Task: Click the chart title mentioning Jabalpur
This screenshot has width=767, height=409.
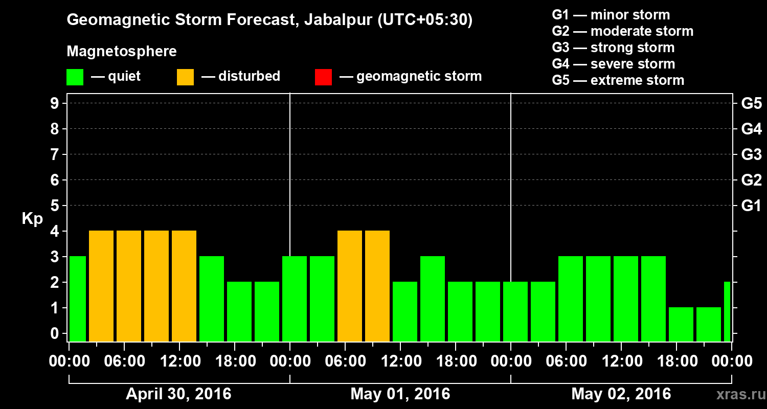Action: point(269,20)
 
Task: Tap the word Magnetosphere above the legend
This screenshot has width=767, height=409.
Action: point(122,52)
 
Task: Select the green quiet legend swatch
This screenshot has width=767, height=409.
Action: point(75,77)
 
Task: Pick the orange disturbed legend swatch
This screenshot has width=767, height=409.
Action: point(185,77)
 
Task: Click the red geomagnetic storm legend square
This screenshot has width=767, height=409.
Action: point(323,77)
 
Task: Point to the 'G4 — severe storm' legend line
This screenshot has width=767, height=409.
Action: point(613,64)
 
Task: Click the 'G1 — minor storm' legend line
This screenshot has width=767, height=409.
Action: point(611,15)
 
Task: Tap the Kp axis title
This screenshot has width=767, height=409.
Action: point(32,219)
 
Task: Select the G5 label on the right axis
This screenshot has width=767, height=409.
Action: point(751,104)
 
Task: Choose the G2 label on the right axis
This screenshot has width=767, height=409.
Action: point(751,180)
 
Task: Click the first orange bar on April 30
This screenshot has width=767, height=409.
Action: point(101,286)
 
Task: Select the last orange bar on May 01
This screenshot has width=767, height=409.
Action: point(377,286)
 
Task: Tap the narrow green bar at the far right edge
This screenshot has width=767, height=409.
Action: point(727,311)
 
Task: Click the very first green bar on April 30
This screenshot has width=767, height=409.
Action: point(78,299)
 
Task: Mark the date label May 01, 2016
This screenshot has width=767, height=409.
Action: point(400,394)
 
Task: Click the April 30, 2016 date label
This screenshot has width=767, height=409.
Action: point(178,394)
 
